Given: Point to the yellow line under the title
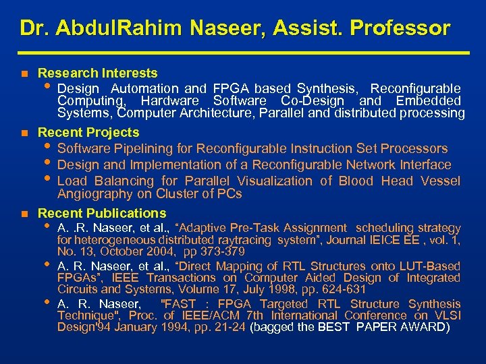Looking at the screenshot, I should [243, 53].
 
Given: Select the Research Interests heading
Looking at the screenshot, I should [98, 73].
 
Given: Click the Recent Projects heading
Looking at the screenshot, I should [88, 132].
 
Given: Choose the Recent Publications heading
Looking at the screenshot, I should [102, 214].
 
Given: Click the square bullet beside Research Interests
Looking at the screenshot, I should [24, 73].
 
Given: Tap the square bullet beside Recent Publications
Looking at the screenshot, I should [24, 214].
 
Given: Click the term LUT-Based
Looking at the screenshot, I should [429, 266].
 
